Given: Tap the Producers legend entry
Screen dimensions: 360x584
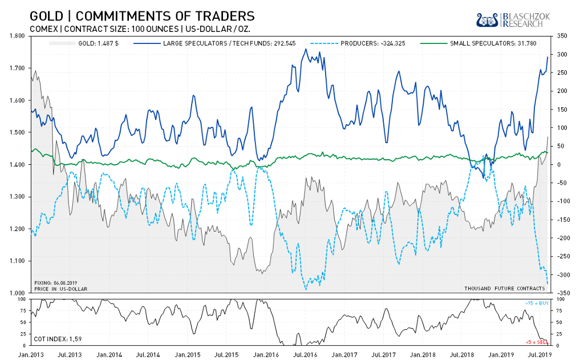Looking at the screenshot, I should pyautogui.click(x=358, y=43).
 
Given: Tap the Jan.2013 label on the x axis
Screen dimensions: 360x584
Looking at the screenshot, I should pyautogui.click(x=30, y=355).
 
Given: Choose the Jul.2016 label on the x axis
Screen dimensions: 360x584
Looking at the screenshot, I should pyautogui.click(x=305, y=355).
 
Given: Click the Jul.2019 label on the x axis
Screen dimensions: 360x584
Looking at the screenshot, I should pyautogui.click(x=541, y=355).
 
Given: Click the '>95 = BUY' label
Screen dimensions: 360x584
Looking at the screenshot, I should pyautogui.click(x=536, y=303).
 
